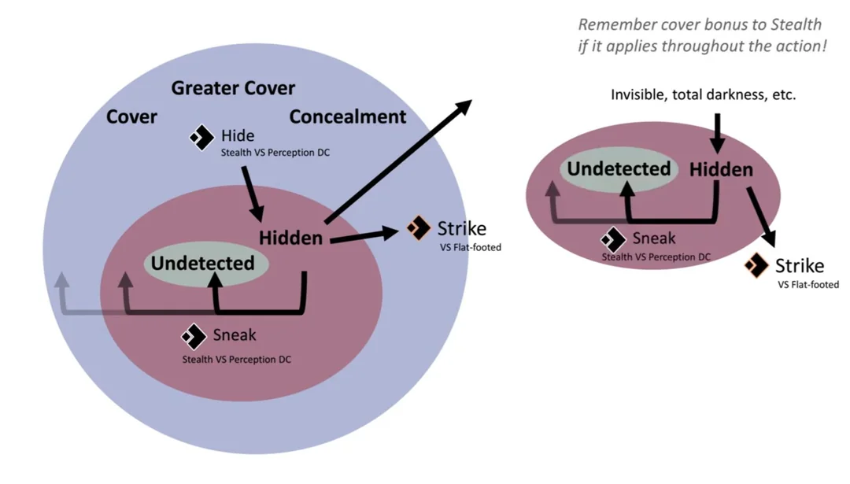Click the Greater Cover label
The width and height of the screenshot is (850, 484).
point(233,87)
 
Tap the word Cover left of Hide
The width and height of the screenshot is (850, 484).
point(131,117)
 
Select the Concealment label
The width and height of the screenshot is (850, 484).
point(347,117)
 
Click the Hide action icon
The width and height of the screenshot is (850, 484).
point(201,138)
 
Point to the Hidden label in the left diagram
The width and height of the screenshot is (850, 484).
point(290,238)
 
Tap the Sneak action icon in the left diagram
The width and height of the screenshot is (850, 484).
point(194,336)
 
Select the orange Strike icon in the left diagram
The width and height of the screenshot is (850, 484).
point(419,228)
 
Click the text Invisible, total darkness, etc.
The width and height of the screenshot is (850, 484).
point(703,95)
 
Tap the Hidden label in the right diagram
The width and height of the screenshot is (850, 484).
point(721,169)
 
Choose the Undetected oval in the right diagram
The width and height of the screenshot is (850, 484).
point(619,168)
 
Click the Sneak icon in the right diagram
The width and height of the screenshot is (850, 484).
point(613,239)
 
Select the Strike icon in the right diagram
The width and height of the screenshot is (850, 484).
point(756,265)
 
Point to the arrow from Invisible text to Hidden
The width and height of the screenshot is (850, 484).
point(716,131)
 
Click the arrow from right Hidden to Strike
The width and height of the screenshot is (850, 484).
point(763,216)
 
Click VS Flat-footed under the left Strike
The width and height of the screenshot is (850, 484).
point(470,248)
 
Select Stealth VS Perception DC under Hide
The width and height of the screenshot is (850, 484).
point(275,153)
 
